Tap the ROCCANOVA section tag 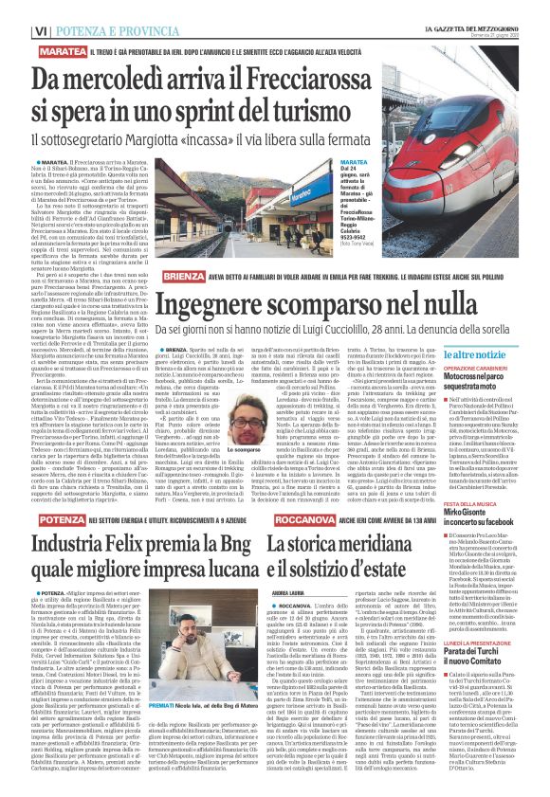(301, 519)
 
